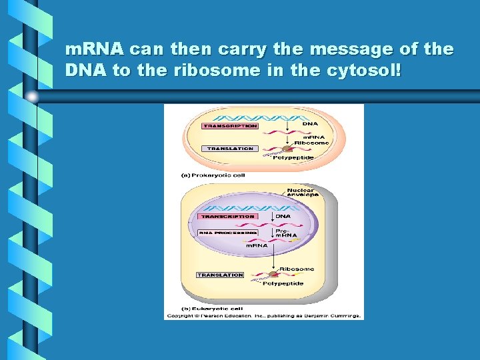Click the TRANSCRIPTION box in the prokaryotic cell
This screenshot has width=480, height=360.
(230, 126)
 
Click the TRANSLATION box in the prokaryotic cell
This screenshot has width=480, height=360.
(230, 149)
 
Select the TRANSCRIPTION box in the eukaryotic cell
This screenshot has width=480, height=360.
(227, 217)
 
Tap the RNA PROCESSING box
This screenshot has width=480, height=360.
(223, 233)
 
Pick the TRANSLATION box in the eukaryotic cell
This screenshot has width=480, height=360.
(221, 275)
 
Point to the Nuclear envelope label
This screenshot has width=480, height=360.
(302, 193)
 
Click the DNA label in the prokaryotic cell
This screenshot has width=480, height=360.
(310, 123)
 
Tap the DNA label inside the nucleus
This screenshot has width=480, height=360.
(283, 216)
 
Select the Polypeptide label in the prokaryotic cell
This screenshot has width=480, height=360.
(293, 157)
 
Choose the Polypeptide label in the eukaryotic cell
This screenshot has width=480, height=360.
(283, 283)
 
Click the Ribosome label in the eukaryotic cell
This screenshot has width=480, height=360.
(297, 269)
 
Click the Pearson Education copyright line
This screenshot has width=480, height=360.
(264, 315)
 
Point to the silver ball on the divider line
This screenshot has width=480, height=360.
(32, 97)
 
